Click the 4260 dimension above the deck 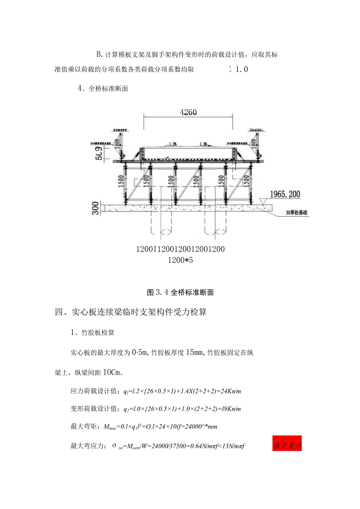(189, 112)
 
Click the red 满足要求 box (287, 446)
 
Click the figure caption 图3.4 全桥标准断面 (180, 292)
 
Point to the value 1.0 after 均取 (241, 70)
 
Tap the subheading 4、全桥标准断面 (103, 88)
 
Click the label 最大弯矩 (82, 426)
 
